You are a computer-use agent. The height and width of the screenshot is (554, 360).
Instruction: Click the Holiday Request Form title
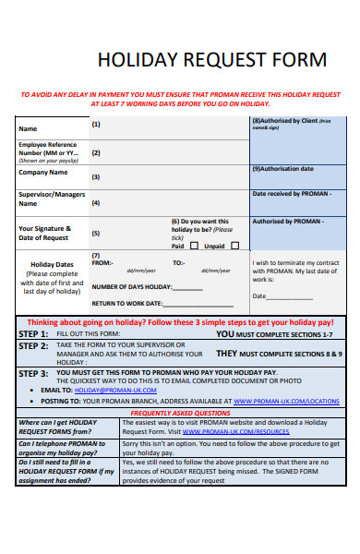211,61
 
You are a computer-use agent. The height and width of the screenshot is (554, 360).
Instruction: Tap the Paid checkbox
193,247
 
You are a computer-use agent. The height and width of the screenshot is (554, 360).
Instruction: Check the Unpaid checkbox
235,247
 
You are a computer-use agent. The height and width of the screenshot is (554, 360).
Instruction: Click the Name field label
29,128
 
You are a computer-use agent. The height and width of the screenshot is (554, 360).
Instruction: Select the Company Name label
43,173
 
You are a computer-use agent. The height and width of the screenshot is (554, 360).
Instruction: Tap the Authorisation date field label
282,169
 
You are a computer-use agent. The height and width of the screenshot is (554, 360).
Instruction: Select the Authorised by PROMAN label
288,222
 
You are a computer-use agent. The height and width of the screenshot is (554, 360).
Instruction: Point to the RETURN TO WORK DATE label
126,303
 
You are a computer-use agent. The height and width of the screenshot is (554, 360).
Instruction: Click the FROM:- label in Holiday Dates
102,263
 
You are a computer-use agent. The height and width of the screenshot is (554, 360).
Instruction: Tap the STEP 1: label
34,333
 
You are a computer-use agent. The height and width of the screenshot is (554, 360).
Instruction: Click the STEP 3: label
34,374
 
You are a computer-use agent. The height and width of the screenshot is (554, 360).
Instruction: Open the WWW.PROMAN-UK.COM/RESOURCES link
229,431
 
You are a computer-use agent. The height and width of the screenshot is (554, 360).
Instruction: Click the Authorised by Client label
284,121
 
